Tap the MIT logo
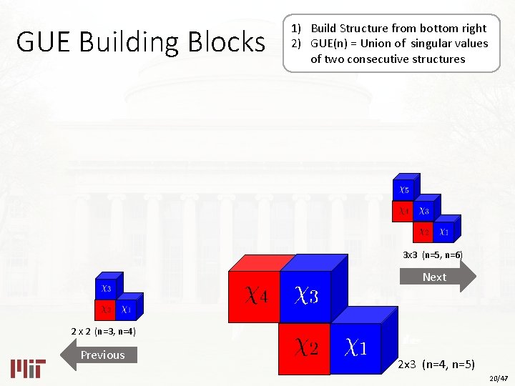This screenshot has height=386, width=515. click(x=29, y=367)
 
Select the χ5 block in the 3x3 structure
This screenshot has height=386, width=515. click(x=404, y=191)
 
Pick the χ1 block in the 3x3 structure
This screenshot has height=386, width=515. click(x=444, y=232)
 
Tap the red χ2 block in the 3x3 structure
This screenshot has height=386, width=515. click(x=424, y=232)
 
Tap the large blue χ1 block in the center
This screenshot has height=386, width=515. click(x=356, y=347)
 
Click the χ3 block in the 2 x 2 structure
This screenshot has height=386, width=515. click(x=106, y=289)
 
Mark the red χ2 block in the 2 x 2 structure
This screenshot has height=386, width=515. click(x=106, y=310)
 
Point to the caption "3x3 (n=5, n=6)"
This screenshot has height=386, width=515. click(x=433, y=255)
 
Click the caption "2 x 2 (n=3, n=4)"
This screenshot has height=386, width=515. click(x=104, y=332)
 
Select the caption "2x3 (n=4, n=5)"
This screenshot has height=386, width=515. click(x=437, y=364)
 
